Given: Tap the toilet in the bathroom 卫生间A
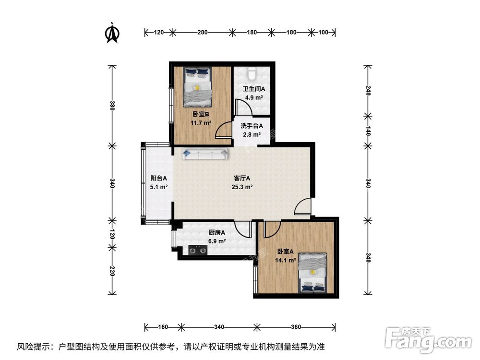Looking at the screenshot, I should coord(252,73).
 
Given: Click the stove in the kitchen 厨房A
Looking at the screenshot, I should coord(197,250).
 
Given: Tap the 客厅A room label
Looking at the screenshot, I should coord(242,179).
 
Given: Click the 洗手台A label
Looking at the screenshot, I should coord(252,126).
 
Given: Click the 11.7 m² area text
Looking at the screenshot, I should coord(200,122).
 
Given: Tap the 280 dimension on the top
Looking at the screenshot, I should coord(202,33).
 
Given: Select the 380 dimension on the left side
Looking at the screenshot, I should coord(112,105).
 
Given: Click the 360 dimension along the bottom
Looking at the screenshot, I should coord(295,327).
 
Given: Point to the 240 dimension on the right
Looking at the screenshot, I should coord(368,90).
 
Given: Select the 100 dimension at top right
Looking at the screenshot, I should coord(323,33).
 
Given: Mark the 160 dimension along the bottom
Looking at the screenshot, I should coord(162,327).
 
